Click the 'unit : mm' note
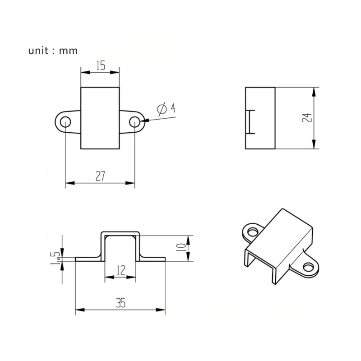tap(53, 51)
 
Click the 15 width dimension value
tap(100, 66)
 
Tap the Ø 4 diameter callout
tap(166, 109)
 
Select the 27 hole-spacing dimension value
tap(100, 176)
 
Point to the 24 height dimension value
tap(306, 118)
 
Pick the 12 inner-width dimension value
tap(120, 271)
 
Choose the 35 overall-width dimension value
tap(120, 303)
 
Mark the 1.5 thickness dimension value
tap(56, 259)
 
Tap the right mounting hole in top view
tap(135, 122)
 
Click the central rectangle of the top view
tap(100, 118)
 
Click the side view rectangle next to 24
tap(260, 118)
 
